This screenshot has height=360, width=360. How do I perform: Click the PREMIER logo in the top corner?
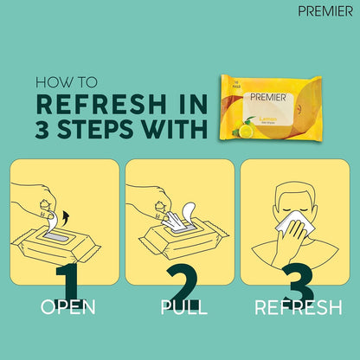(x=324, y=11)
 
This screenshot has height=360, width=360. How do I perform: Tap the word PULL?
(x=180, y=307)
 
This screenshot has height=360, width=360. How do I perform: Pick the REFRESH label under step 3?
(x=292, y=307)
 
